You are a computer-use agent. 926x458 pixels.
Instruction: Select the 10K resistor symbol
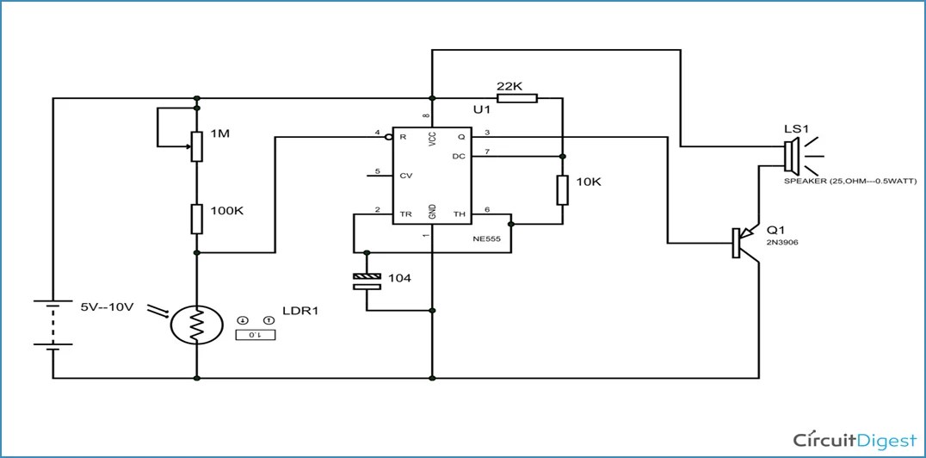tap(562, 189)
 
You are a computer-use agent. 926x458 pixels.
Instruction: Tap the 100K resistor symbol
tap(197, 218)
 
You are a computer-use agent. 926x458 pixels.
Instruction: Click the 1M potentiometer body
tap(197, 145)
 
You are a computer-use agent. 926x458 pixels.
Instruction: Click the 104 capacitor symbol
tap(367, 279)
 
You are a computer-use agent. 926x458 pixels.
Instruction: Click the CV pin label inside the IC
tap(406, 175)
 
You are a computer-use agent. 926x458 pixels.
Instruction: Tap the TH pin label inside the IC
tap(459, 213)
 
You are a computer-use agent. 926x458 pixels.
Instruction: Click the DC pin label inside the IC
tap(459, 156)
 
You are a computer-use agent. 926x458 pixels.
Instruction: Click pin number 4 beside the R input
tap(377, 133)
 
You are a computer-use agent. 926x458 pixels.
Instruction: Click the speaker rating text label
tap(850, 182)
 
